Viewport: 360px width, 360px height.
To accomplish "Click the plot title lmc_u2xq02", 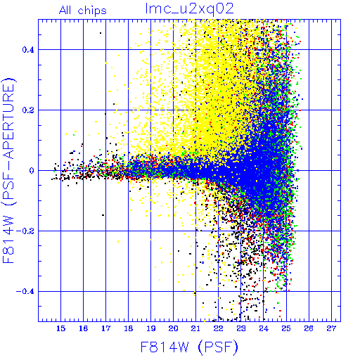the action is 189,9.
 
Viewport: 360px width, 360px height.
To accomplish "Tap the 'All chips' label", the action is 83,11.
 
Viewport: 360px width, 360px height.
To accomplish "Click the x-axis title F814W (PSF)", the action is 189,347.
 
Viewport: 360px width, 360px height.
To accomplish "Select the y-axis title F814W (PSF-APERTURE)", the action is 8,170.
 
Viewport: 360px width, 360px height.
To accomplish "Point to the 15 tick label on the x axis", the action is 60,328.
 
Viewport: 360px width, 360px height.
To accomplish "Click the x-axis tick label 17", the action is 105,328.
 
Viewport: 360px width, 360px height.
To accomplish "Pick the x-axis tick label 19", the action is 150,328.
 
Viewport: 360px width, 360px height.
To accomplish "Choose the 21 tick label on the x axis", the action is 195,328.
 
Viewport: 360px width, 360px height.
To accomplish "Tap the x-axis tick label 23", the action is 240,328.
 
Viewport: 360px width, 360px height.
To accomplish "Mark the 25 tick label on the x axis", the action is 286,328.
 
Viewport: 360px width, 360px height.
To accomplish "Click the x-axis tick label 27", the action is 331,328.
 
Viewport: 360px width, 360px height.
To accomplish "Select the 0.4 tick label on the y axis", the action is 28,50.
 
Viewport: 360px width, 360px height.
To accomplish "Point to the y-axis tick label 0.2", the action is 28,110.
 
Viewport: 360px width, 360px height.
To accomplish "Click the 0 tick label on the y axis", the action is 32,170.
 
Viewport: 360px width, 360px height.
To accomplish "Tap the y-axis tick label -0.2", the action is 25,231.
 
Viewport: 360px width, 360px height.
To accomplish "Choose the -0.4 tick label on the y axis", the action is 25,291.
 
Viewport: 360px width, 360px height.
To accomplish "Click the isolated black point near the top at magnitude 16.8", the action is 101,33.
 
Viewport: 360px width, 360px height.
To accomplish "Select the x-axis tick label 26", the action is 309,328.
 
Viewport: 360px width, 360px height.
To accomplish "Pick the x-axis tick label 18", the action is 128,328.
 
